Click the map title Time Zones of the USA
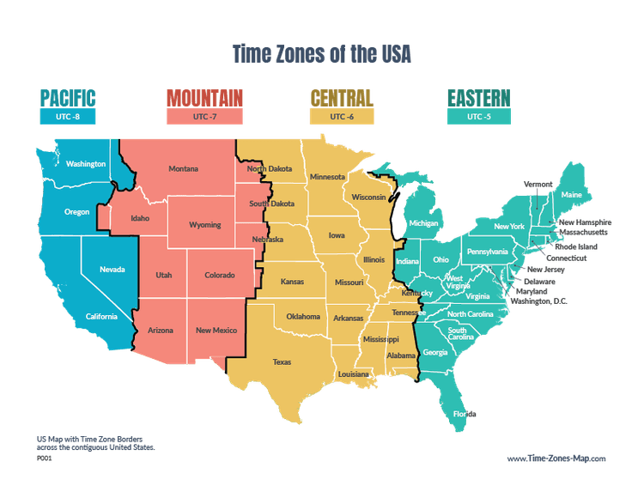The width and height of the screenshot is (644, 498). click(322, 54)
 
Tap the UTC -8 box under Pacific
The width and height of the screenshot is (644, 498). click(68, 116)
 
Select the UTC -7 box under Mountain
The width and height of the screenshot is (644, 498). click(204, 116)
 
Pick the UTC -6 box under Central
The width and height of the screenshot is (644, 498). click(342, 116)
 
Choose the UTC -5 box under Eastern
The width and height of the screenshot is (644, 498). click(478, 116)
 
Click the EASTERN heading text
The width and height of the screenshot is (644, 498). click(478, 96)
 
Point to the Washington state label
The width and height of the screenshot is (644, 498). click(86, 164)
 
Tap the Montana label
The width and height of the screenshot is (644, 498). click(183, 168)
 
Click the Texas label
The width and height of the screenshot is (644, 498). click(282, 362)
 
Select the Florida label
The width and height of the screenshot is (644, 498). click(465, 414)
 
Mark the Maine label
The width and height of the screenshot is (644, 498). click(571, 195)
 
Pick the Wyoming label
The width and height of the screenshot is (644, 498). click(205, 225)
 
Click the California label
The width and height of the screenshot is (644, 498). click(101, 317)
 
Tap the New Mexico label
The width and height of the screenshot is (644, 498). click(216, 331)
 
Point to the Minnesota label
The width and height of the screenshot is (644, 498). click(328, 177)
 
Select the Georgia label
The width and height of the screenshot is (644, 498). click(435, 352)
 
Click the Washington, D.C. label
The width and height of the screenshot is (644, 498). click(538, 301)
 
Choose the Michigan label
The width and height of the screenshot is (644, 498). click(423, 223)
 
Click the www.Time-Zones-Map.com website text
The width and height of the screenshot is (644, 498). click(556, 459)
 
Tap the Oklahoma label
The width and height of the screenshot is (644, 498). click(303, 317)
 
